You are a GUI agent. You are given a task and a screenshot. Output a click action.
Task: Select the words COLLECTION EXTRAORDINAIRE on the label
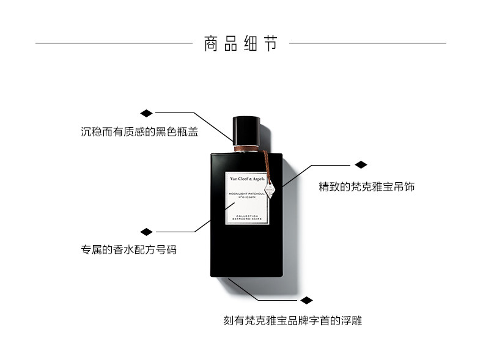tap(246, 217)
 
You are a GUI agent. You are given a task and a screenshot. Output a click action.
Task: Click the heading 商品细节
tap(240, 44)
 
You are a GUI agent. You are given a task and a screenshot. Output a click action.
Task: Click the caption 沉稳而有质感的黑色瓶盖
tap(139, 131)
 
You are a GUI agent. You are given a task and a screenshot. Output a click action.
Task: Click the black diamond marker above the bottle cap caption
tap(146, 113)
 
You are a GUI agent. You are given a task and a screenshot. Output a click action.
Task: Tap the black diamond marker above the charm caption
tap(361, 164)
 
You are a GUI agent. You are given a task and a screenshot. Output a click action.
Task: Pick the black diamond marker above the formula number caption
tap(146, 232)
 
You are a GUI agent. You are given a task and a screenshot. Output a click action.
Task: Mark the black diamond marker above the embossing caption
tap(306, 301)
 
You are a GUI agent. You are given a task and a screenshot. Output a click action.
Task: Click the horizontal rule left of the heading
tap(114, 43)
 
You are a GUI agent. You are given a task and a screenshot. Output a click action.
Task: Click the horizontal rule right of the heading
tap(367, 43)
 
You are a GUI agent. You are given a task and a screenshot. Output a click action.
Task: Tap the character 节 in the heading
tap(270, 44)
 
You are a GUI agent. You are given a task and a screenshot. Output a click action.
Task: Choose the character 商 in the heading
tap(211, 44)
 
